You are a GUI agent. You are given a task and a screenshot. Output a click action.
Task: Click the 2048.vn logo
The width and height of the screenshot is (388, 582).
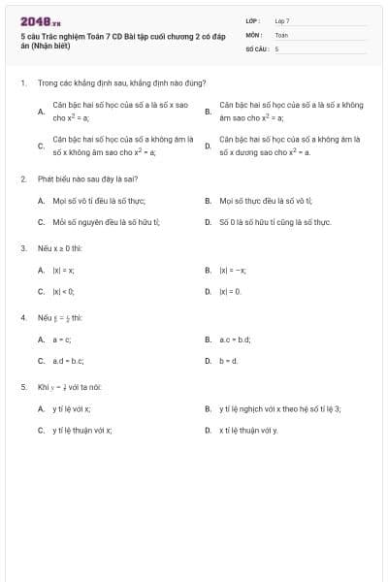(x=41, y=20)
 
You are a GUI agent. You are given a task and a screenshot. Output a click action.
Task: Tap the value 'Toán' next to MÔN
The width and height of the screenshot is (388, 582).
(x=281, y=34)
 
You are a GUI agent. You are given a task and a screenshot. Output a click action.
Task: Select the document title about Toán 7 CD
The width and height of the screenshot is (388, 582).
(x=121, y=39)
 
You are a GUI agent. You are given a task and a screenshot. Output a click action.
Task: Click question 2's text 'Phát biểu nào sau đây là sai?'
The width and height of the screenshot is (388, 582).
(x=93, y=179)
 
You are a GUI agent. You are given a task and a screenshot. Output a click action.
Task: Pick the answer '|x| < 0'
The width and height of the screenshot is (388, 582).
(x=64, y=291)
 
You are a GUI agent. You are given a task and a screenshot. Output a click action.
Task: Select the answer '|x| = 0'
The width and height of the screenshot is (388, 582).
(x=231, y=291)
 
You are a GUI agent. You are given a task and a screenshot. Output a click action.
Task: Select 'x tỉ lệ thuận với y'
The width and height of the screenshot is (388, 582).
(x=248, y=429)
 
